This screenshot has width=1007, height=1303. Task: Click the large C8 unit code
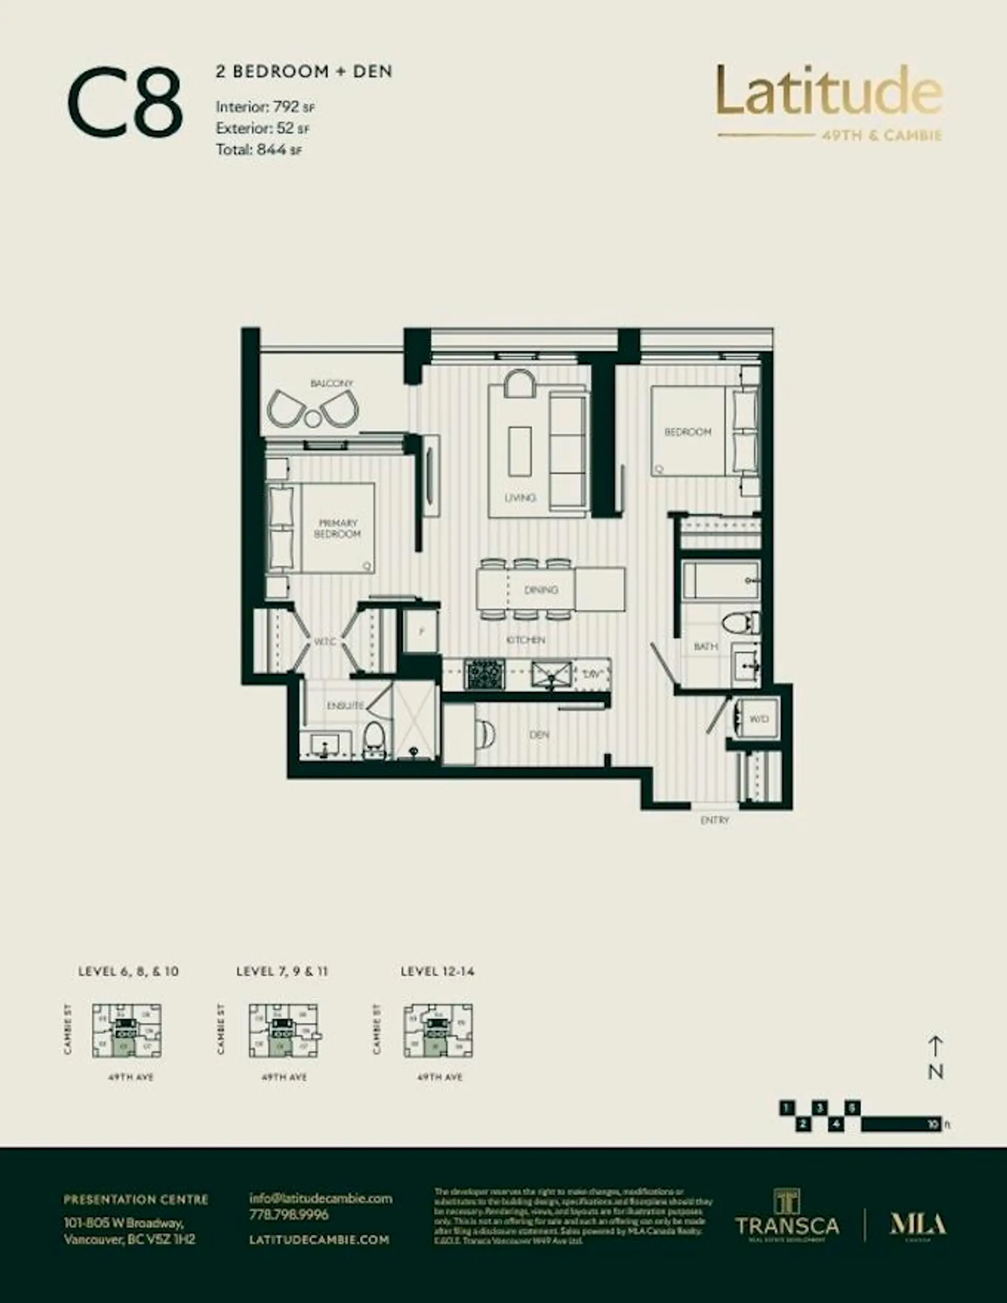(124, 103)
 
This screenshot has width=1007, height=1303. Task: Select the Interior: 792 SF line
(264, 107)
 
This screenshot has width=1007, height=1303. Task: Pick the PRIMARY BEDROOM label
(337, 528)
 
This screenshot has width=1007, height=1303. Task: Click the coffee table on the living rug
(519, 451)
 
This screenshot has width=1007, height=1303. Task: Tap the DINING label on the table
(541, 589)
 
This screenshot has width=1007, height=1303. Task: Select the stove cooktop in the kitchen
(484, 674)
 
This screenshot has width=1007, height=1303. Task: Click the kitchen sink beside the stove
(551, 675)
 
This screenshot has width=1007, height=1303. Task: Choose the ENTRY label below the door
(714, 821)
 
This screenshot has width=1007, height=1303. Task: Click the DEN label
(539, 735)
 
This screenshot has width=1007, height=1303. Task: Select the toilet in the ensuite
(374, 740)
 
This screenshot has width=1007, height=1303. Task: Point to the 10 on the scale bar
(934, 1125)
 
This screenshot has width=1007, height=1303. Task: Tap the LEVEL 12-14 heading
(437, 971)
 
